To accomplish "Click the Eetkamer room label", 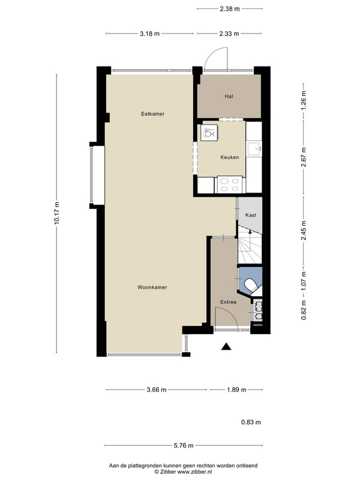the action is point(153,114).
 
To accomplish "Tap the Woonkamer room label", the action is point(152,287).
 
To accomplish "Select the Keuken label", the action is point(230,157).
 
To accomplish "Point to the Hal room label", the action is point(229,97).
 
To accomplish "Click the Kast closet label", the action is point(251,215).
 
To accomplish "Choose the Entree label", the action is point(229,302).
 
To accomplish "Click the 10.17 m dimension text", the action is point(56,214).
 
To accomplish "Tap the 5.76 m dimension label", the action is point(184,445).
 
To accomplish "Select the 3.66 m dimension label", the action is point(157,389).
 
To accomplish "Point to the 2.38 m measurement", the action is point(230,9).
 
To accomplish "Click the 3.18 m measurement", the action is point(149,34).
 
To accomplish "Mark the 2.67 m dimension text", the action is point(304,157).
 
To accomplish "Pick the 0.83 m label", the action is point(251,422).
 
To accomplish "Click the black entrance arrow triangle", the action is point(226,346).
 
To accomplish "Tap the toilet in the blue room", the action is point(251,286).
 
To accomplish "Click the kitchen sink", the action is point(254,149).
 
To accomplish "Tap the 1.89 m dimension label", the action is point(236,389).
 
